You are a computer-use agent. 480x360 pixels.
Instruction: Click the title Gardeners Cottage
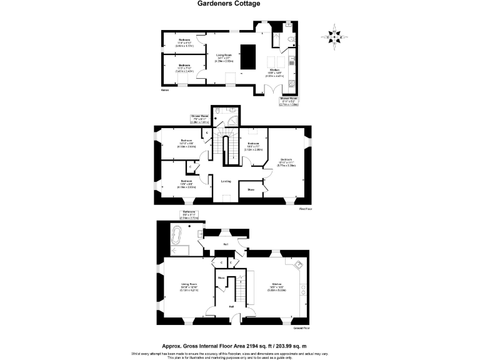point(229,4)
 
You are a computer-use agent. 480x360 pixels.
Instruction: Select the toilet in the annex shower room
point(290,41)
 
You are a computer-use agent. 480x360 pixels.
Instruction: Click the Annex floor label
point(165,90)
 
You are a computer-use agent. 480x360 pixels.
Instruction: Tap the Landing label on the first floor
point(226,181)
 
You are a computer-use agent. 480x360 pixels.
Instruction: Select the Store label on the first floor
point(250,189)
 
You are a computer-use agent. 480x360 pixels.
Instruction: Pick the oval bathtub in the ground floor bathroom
point(178,238)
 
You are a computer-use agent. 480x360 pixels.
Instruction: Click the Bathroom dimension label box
point(189,215)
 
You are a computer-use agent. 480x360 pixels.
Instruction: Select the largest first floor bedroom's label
point(286,161)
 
